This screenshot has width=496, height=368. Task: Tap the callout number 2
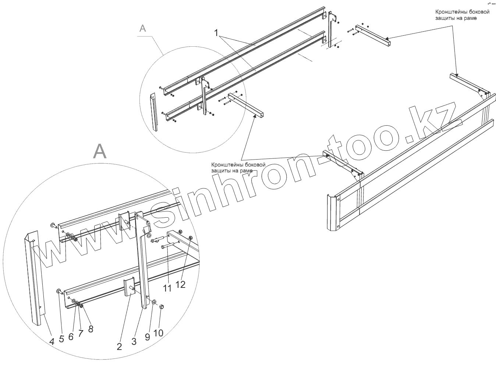119,346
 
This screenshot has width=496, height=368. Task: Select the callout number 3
134,342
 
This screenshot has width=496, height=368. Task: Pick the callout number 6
71,336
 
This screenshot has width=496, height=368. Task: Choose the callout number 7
81,333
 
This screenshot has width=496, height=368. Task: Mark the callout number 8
91,329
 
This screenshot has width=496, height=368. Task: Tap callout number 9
148,337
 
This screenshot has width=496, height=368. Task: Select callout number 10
158,333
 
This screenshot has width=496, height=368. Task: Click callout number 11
167,288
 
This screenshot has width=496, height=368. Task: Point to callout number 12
180,284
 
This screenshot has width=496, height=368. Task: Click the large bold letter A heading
100,151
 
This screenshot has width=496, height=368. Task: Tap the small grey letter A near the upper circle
143,29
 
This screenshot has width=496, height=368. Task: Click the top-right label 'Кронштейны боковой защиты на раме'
462,15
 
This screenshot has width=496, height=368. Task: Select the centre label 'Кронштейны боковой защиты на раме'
238,168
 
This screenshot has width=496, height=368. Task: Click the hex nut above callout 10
162,307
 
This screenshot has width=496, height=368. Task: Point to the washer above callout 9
154,302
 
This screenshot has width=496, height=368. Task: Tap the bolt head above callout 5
59,291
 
